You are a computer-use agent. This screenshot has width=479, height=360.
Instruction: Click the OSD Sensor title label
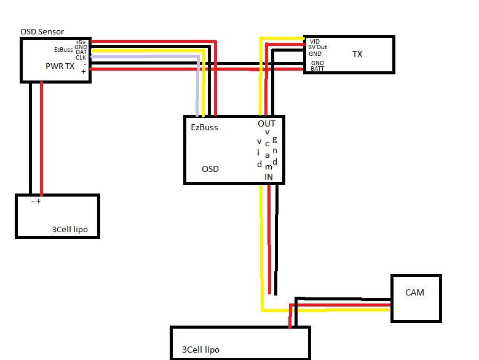pos(42,31)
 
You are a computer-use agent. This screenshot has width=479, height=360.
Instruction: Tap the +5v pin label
pos(81,42)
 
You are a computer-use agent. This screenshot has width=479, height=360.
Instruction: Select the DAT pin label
pos(81,52)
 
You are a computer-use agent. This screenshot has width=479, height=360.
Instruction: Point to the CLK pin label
pos(81,57)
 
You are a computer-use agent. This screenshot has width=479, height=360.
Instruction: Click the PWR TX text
pos(60,66)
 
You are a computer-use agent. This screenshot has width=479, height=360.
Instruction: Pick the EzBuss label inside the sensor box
pos(63,49)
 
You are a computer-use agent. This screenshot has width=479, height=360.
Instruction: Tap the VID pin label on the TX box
pos(315,41)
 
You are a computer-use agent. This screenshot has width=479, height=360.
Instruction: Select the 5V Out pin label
pos(317,47)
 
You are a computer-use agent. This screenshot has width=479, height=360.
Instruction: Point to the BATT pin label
pos(317,68)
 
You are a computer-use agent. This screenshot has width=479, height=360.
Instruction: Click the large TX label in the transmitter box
pos(357,54)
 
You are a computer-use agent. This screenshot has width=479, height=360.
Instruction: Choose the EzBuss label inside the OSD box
pos(204,127)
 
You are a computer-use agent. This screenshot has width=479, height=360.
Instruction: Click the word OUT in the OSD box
pos(266,123)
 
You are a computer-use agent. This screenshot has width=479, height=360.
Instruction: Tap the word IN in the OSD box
pos(269,177)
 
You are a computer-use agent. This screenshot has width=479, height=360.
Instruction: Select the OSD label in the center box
pos(210,169)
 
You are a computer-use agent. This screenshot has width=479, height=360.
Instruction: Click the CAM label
pos(414,292)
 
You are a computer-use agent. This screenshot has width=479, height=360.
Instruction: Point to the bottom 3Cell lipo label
pos(200,350)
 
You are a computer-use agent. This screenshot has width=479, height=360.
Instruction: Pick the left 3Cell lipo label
pos(70,229)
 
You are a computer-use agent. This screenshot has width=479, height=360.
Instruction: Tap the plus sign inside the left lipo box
pos(39,201)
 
